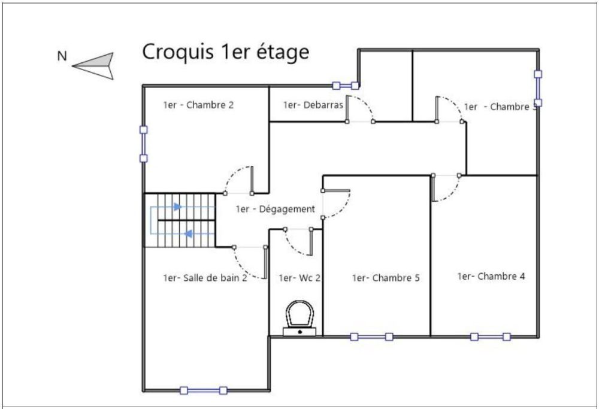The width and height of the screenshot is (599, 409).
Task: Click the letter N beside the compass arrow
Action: pos(62,56)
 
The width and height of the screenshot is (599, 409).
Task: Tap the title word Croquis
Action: pos(178,52)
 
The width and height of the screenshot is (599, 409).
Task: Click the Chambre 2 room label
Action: pos(198,105)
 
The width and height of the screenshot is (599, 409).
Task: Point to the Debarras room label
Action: pos(313,105)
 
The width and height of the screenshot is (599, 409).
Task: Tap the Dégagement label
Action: pos(276,209)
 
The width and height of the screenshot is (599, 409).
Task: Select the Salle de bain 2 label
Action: pos(205,278)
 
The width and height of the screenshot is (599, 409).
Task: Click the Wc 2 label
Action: pos(299,278)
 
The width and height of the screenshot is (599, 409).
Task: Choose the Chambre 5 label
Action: pos(386,278)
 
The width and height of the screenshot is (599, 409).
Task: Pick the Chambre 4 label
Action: pos(491,275)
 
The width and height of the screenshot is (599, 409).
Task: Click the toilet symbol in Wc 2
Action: pos(299,318)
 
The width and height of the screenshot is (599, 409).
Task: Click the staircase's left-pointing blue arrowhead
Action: pos(188,234)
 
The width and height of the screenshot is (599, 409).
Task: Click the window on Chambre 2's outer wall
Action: pos(143,144)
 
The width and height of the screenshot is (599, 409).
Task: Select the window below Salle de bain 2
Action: pos(204,390)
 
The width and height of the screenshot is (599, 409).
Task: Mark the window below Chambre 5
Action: pos(372,337)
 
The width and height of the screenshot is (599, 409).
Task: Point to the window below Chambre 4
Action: pos(491,337)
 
